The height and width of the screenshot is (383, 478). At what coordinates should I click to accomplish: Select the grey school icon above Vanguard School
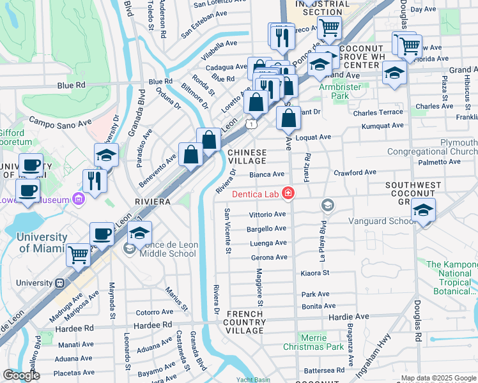[328, 205]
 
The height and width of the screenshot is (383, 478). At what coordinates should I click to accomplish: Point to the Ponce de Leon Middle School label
[164, 248]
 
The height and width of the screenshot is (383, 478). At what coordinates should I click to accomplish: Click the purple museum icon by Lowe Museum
[79, 200]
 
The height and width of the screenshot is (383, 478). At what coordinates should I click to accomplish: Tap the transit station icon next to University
[59, 283]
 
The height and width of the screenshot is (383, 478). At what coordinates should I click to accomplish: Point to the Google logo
[22, 375]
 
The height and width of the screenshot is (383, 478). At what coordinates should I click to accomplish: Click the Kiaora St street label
[314, 273]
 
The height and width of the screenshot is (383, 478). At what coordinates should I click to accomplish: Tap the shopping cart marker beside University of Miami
[78, 254]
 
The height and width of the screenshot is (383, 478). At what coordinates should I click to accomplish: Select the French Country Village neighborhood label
[245, 322]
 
